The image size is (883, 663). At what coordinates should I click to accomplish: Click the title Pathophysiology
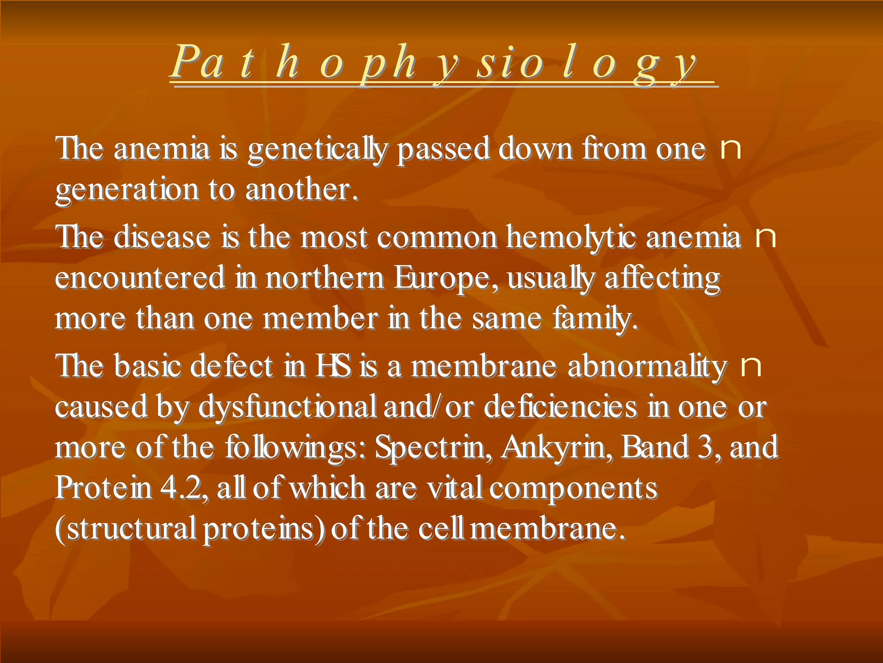pyautogui.click(x=435, y=63)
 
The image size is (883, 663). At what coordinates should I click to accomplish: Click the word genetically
pyautogui.click(x=318, y=149)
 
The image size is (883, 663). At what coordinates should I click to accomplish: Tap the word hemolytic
pyautogui.click(x=571, y=237)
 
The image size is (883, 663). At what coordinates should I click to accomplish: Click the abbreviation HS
pyautogui.click(x=333, y=366)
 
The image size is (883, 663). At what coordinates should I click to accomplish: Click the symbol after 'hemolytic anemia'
pyautogui.click(x=766, y=237)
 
